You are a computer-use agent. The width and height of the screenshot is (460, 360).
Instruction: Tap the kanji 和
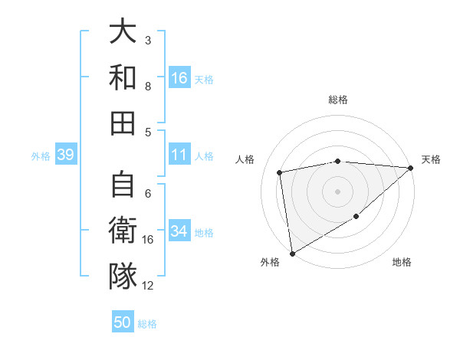coord(123,77)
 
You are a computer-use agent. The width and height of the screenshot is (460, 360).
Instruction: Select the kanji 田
coord(123,122)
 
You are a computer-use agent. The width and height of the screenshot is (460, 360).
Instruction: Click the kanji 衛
coord(123,231)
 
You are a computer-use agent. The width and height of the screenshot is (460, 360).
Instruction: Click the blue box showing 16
coord(179,78)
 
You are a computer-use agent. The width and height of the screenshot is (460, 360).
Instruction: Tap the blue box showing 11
coord(179,155)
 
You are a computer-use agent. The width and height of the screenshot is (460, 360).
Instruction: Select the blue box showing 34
coord(179,231)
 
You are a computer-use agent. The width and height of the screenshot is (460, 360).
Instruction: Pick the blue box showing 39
coord(65,155)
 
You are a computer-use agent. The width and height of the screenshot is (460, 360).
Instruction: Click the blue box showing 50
coord(123,322)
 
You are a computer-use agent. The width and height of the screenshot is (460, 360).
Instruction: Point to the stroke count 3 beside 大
coord(148,40)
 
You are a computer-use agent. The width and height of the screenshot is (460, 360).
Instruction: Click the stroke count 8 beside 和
coord(148,86)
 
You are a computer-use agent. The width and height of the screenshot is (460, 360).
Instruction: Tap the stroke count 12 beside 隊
coord(149,286)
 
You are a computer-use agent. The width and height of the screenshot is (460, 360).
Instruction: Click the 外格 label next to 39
coord(41,156)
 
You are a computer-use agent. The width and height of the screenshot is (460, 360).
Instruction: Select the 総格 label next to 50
coord(147,324)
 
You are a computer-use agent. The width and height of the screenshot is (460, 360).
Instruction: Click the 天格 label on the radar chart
coord(431,159)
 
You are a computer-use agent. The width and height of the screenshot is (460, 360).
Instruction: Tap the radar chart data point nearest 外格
coord(292,253)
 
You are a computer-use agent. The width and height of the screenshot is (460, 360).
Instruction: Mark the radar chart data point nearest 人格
coord(280,172)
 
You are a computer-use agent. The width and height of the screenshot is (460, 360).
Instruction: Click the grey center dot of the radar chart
coord(337,191)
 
